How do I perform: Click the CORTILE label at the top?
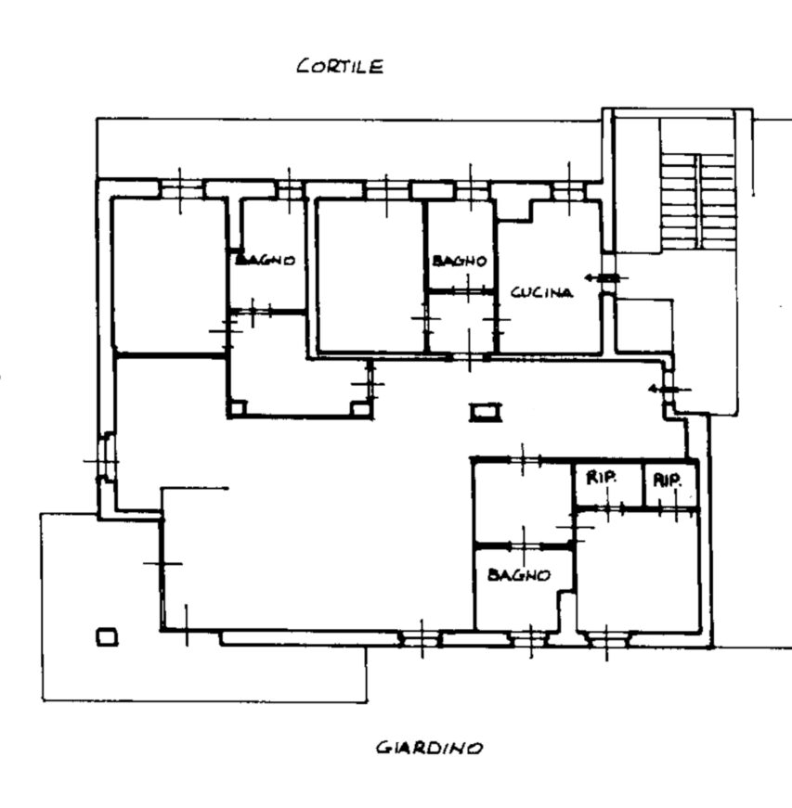pyautogui.click(x=340, y=66)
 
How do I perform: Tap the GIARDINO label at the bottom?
pyautogui.click(x=429, y=747)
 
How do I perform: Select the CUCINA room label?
pyautogui.click(x=541, y=292)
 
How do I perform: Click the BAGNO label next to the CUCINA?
pyautogui.click(x=460, y=261)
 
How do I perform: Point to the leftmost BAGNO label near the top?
pyautogui.click(x=265, y=260)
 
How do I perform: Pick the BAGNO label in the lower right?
pyautogui.click(x=519, y=574)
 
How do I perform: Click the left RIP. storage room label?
pyautogui.click(x=602, y=478)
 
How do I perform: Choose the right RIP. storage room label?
pyautogui.click(x=668, y=481)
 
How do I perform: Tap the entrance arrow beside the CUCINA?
pyautogui.click(x=605, y=278)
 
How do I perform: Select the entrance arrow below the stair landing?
pyautogui.click(x=669, y=389)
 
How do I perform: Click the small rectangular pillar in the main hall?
pyautogui.click(x=486, y=412)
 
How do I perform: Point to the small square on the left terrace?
pyautogui.click(x=107, y=637)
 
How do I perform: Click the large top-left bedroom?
pyautogui.click(x=169, y=276)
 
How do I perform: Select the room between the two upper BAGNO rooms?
pyautogui.click(x=370, y=276)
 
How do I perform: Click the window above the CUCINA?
pyautogui.click(x=569, y=192)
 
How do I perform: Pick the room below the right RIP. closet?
pyautogui.click(x=639, y=571)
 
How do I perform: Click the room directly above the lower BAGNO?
pyautogui.click(x=523, y=503)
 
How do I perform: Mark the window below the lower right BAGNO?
pyautogui.click(x=529, y=640)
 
